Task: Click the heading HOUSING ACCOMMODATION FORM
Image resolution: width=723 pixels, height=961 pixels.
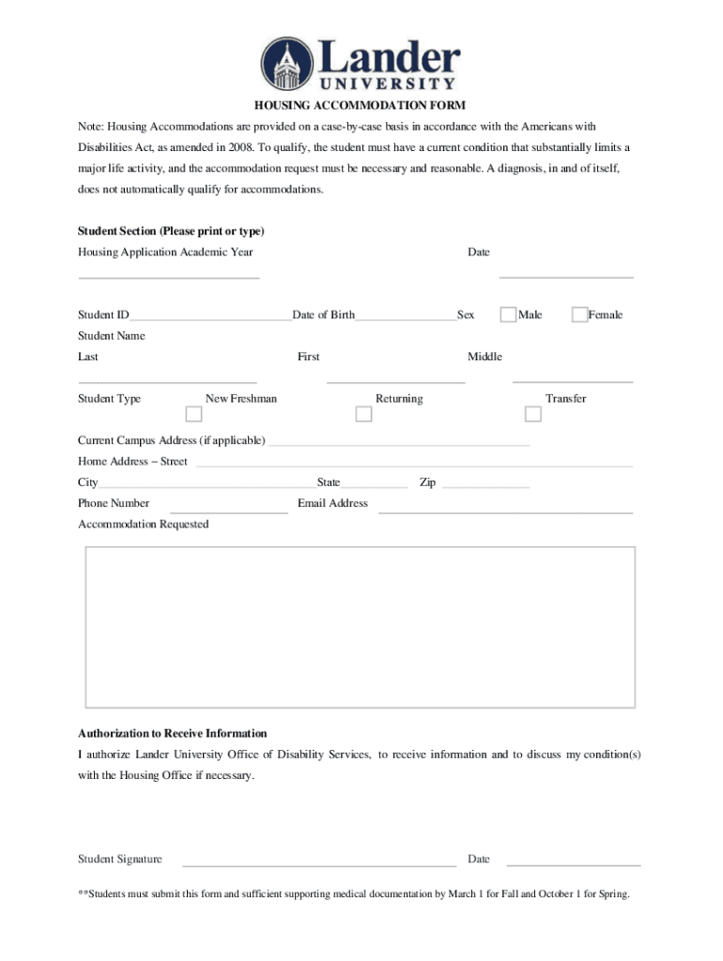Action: point(361,105)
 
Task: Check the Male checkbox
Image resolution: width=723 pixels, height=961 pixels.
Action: point(508,314)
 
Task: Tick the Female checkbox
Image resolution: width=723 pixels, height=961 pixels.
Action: point(579,314)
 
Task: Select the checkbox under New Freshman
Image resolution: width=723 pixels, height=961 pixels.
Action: point(193,414)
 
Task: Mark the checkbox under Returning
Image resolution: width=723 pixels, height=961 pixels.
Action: point(362,414)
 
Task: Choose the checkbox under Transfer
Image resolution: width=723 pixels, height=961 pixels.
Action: point(532,414)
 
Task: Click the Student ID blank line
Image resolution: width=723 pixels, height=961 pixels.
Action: point(210,317)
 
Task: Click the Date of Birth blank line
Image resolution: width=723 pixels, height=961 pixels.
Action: point(405,317)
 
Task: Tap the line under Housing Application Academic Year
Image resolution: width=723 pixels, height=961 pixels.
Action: point(169,276)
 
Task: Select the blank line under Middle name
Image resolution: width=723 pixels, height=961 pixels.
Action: point(572,380)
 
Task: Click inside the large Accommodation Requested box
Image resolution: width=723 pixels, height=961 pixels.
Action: point(361,626)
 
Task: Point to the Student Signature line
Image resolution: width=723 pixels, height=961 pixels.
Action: point(319,863)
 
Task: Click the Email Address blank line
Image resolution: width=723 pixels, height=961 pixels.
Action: point(505,511)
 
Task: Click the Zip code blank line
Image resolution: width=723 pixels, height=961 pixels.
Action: point(485,486)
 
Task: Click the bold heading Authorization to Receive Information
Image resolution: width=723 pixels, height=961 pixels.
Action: point(173,733)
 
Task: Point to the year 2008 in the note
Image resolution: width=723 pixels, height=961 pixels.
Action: point(238,147)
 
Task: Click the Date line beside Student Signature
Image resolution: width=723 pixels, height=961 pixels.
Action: point(573,863)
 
